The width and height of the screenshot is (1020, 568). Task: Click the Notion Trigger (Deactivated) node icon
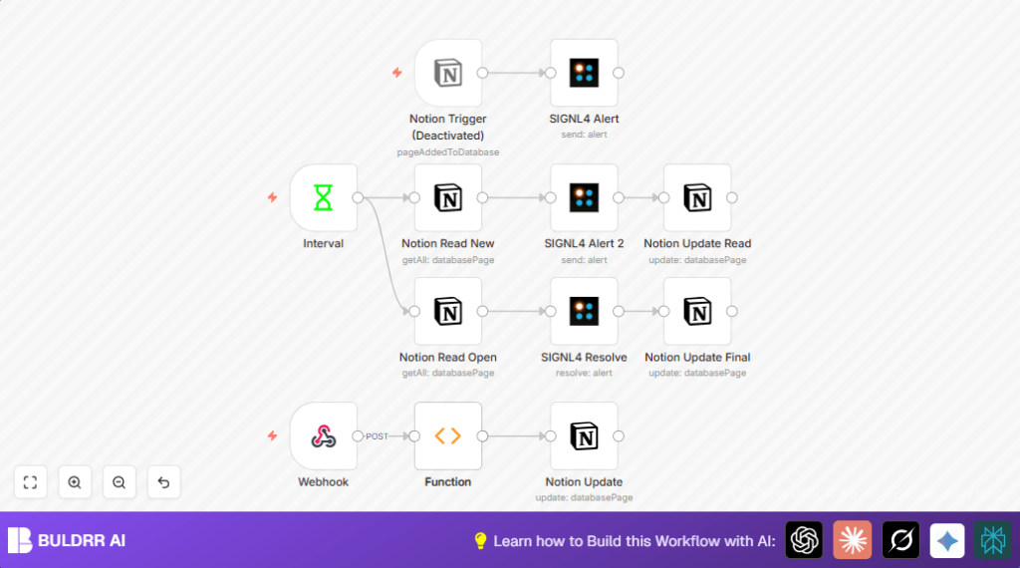pyautogui.click(x=448, y=73)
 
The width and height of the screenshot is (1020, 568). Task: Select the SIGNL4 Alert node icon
pyautogui.click(x=584, y=73)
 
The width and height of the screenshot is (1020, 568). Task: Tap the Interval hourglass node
pyautogui.click(x=323, y=197)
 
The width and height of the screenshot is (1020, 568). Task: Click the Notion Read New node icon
pyautogui.click(x=448, y=197)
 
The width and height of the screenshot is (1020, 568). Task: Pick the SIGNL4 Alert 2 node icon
pyautogui.click(x=584, y=197)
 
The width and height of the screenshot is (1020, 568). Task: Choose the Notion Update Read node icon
pyautogui.click(x=697, y=197)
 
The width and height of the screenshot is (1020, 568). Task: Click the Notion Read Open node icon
pyautogui.click(x=448, y=311)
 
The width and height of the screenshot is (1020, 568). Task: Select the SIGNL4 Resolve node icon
pyautogui.click(x=584, y=311)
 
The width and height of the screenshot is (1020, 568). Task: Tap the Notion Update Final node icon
pyautogui.click(x=697, y=311)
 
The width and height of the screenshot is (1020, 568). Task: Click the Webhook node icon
pyautogui.click(x=323, y=435)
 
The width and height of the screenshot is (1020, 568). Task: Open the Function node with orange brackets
pyautogui.click(x=448, y=435)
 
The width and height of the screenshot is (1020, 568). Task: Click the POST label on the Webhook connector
pyautogui.click(x=378, y=436)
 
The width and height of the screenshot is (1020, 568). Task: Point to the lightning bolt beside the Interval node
pyautogui.click(x=272, y=197)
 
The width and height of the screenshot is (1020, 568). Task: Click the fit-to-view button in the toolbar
pyautogui.click(x=30, y=482)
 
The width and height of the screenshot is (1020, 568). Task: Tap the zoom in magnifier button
pyautogui.click(x=75, y=482)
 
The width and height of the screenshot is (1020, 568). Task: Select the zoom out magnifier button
pyautogui.click(x=120, y=482)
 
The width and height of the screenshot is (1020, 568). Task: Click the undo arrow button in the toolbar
pyautogui.click(x=163, y=482)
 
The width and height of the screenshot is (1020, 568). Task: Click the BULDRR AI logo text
pyautogui.click(x=82, y=541)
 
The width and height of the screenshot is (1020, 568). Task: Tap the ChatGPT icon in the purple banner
pyautogui.click(x=804, y=540)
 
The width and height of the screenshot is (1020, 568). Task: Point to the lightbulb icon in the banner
pyautogui.click(x=480, y=540)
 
